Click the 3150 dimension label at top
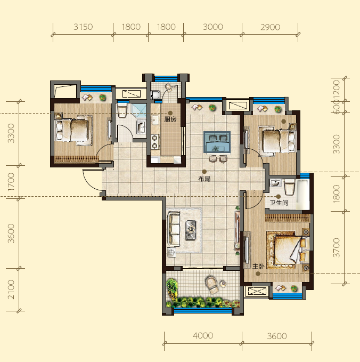(x=83, y=27)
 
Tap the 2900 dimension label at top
(x=271, y=27)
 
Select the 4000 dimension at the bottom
(x=203, y=335)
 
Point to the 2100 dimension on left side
(x=11, y=289)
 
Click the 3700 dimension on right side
(x=337, y=248)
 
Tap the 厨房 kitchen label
(x=170, y=119)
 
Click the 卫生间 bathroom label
(x=279, y=203)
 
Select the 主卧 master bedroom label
(x=258, y=267)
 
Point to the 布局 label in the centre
(x=204, y=179)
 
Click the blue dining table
(x=217, y=142)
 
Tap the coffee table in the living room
(x=191, y=230)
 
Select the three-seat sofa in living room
(x=174, y=229)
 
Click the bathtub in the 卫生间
(x=302, y=194)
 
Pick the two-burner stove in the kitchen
(x=155, y=142)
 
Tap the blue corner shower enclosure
(x=139, y=110)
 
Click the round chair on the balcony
(x=212, y=285)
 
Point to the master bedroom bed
(x=288, y=250)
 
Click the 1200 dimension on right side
(x=337, y=89)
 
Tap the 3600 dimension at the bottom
(x=277, y=336)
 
